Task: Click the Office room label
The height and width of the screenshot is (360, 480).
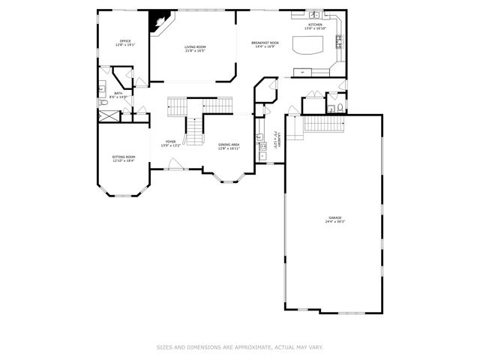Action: [x=126, y=40]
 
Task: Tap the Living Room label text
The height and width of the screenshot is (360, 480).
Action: [x=195, y=46]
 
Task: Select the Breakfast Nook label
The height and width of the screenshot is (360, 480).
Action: [x=264, y=43]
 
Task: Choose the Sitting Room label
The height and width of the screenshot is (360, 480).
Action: [x=124, y=157]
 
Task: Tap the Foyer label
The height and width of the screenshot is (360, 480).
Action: [x=171, y=141]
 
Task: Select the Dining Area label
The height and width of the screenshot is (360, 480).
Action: [x=229, y=144]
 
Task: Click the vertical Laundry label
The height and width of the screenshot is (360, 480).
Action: [x=274, y=139]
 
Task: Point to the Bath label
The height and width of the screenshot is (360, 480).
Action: [x=118, y=93]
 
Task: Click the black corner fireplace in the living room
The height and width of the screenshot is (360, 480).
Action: [x=158, y=22]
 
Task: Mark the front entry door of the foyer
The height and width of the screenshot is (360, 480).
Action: [x=175, y=169]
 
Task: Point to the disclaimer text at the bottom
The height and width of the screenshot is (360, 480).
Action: [x=240, y=347]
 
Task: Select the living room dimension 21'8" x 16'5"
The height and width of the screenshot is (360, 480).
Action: [x=195, y=51]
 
